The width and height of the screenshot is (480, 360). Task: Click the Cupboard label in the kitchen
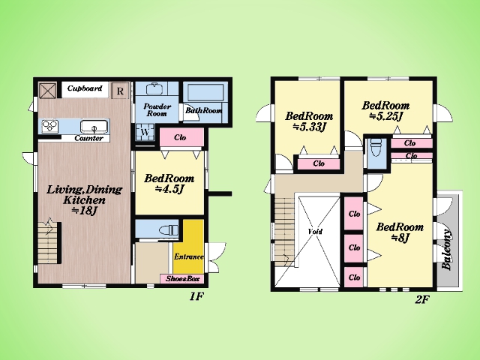[x=85, y=88]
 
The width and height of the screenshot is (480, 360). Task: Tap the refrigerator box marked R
[x=120, y=91]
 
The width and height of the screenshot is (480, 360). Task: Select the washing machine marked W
[x=145, y=133]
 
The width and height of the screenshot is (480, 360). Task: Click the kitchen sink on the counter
[x=94, y=127]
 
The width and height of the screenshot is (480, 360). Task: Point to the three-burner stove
[x=50, y=127]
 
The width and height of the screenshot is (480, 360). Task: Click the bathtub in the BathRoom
[x=205, y=92]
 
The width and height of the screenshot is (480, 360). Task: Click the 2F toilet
[x=376, y=147]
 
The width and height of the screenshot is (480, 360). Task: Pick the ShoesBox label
[x=182, y=279]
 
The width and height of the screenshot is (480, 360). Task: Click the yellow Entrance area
[x=188, y=247]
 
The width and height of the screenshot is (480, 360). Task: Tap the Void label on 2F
[x=315, y=231]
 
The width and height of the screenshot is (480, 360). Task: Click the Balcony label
[x=447, y=249]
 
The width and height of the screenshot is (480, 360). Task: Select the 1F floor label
[x=196, y=296]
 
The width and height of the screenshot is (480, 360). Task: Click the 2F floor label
[x=422, y=299]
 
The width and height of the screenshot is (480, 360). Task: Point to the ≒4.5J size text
[x=169, y=189]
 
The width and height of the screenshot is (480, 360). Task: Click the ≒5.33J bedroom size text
[x=309, y=127]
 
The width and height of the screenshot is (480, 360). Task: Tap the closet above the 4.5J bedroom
[x=181, y=137]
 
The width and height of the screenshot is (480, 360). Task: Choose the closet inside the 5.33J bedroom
[x=319, y=163]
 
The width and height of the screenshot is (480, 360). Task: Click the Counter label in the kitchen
[x=88, y=138]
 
